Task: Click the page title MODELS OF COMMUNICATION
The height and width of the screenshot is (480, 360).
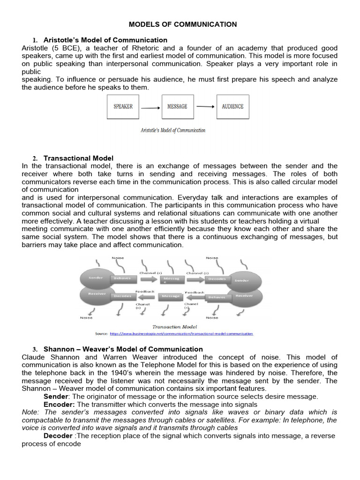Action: pyautogui.click(x=182, y=24)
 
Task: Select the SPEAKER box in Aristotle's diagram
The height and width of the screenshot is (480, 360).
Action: pyautogui.click(x=123, y=107)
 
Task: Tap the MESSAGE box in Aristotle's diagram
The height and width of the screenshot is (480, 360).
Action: pyautogui.click(x=177, y=107)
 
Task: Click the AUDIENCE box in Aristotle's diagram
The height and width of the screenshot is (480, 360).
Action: pyautogui.click(x=232, y=107)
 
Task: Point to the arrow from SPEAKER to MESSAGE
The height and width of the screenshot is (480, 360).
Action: pyautogui.click(x=150, y=108)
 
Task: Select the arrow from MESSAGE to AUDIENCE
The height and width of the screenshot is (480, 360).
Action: pyautogui.click(x=205, y=106)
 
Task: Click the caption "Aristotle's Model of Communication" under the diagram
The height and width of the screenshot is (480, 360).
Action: pyautogui.click(x=173, y=130)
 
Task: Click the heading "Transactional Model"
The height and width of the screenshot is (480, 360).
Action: pyautogui.click(x=78, y=158)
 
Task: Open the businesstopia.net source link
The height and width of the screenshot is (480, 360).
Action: pyautogui.click(x=181, y=334)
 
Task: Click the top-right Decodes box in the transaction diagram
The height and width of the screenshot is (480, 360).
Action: pyautogui.click(x=217, y=279)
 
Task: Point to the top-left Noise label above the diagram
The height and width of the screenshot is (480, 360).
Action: pyautogui.click(x=118, y=258)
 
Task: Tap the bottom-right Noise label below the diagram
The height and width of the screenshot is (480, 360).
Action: pyautogui.click(x=211, y=318)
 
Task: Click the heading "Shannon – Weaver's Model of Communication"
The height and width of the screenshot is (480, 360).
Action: pyautogui.click(x=123, y=349)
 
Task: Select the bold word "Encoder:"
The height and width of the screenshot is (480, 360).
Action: pyautogui.click(x=59, y=404)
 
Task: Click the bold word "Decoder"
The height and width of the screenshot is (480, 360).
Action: pyautogui.click(x=58, y=436)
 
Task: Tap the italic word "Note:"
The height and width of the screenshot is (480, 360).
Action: pyautogui.click(x=31, y=412)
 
